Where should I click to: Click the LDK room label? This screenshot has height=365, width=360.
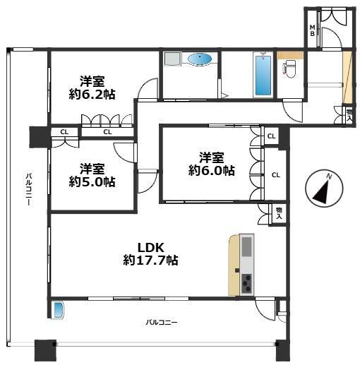150,247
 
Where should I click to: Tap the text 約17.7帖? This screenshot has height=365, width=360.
150,261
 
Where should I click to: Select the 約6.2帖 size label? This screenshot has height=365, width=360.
92,95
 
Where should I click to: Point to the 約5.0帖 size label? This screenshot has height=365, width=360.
92,181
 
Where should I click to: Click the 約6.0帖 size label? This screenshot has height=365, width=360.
211,170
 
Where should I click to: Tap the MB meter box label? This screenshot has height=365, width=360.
312,30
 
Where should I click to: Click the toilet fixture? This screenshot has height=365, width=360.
290,68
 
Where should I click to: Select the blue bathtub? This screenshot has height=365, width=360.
263,75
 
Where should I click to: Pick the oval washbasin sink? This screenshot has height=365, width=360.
200,59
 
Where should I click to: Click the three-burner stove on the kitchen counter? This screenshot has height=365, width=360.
246,284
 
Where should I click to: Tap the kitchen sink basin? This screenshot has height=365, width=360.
246,246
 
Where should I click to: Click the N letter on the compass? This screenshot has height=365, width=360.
329,176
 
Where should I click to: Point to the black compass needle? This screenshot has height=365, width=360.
320,193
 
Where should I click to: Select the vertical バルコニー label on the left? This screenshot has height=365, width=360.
29,190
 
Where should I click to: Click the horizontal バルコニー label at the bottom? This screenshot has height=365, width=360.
162,322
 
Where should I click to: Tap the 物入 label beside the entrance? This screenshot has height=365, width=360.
349,114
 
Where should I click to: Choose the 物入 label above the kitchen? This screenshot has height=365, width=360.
279,213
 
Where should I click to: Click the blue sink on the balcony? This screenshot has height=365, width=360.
58,310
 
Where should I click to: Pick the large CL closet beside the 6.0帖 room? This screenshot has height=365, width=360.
276,175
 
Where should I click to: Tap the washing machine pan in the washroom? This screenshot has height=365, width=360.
172,59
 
